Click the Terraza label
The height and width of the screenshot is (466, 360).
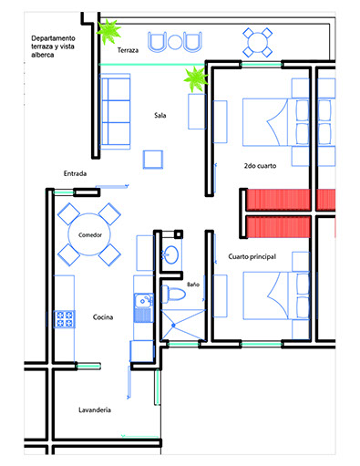click(x=128, y=50)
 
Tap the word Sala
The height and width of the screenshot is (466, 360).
click(x=160, y=115)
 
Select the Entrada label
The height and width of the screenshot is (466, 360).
click(x=75, y=173)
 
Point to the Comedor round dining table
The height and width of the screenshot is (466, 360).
click(x=89, y=234)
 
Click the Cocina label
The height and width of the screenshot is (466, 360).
click(x=103, y=317)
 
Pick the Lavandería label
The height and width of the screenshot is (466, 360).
click(x=95, y=409)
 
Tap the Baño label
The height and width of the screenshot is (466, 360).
click(x=193, y=285)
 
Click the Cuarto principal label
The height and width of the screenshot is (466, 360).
click(x=252, y=256)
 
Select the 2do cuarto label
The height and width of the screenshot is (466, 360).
click(x=260, y=166)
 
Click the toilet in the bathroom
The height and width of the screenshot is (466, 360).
click(x=173, y=294)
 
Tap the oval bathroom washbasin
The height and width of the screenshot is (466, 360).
click(x=171, y=254)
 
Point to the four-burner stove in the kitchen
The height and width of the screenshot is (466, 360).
click(x=65, y=319)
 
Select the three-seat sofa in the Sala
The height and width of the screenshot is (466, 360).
click(x=115, y=111)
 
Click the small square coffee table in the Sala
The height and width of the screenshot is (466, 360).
click(x=153, y=160)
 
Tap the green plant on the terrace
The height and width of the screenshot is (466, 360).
click(x=108, y=31)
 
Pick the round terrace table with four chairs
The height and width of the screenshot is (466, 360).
click(x=257, y=43)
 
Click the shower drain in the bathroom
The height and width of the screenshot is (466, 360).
click(x=173, y=326)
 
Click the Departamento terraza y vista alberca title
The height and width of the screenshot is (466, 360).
click(x=53, y=47)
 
